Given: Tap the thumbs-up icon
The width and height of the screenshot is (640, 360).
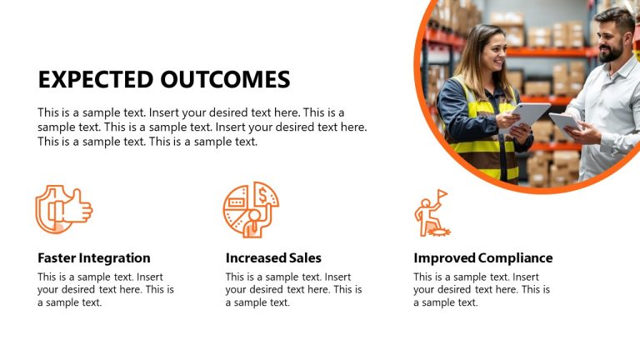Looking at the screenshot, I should pyautogui.click(x=63, y=208).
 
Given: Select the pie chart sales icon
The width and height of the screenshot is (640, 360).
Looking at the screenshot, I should pyautogui.click(x=251, y=209).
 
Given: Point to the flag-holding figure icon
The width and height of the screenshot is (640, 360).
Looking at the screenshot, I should pyautogui.click(x=431, y=213).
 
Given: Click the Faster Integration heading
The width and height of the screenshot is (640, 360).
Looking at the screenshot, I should pyautogui.click(x=94, y=257).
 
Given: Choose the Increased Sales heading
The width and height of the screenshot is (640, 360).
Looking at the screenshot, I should pyautogui.click(x=273, y=257).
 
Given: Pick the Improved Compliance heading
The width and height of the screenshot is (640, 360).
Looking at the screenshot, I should pyautogui.click(x=482, y=257).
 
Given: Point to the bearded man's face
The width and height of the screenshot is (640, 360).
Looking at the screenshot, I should pyautogui.click(x=613, y=37).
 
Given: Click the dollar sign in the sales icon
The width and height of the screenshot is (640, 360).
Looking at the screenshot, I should pyautogui.click(x=262, y=196).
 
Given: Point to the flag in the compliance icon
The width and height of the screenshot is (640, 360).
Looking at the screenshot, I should pyautogui.click(x=442, y=194).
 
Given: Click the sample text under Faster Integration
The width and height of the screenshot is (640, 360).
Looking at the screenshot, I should pyautogui.click(x=106, y=290).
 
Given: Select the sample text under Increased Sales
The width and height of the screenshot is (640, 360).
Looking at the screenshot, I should pyautogui.click(x=293, y=290).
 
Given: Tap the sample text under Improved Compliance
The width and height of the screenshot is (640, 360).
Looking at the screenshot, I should pyautogui.click(x=482, y=290).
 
